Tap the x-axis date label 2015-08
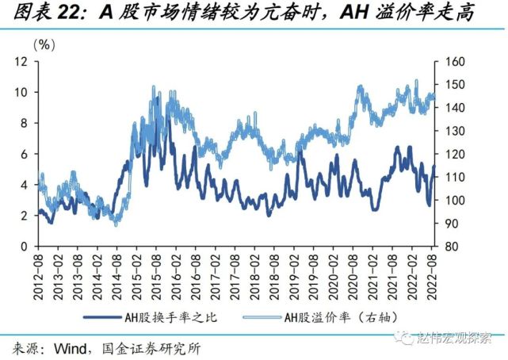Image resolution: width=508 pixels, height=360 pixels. click(158, 272)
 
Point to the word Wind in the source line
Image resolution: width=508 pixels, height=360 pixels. click(69, 348)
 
